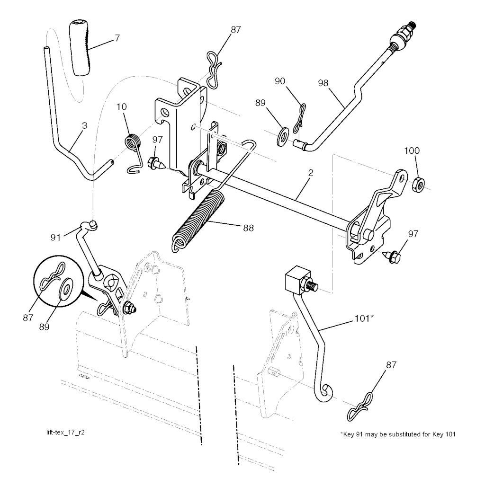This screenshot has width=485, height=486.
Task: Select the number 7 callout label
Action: tap(117, 38)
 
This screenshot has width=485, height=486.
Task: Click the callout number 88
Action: tap(248, 228)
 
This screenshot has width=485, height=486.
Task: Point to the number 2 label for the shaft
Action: tap(311, 173)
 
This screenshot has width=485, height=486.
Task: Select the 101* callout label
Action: tap(364, 318)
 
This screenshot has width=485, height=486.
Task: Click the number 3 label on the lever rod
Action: tap(84, 126)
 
